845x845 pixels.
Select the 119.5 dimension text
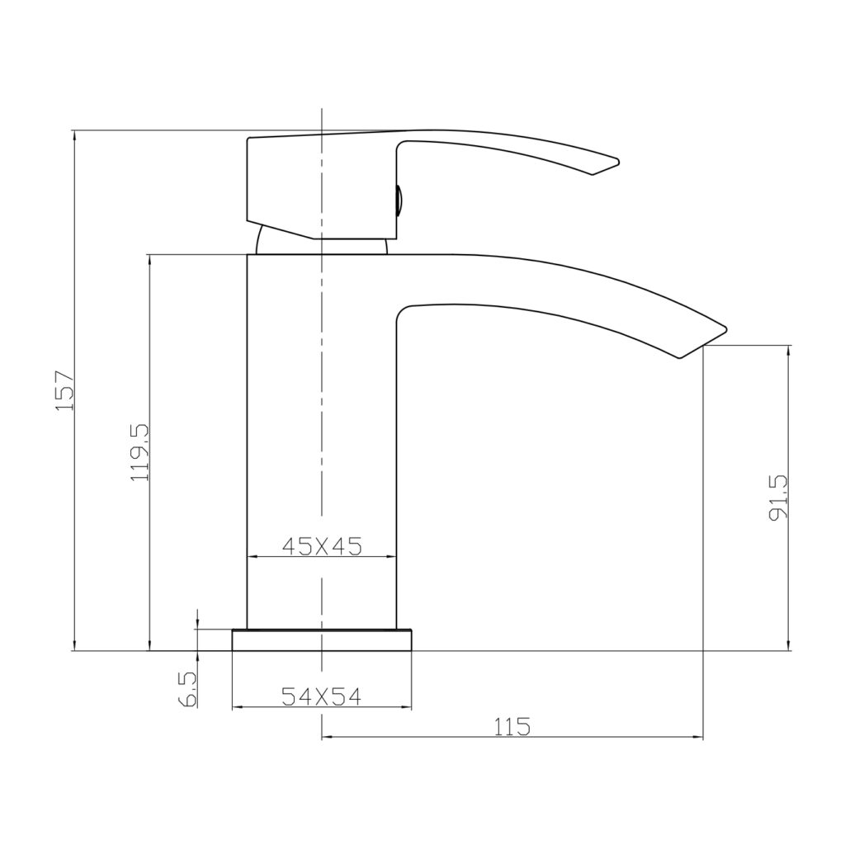pyautogui.click(x=139, y=451)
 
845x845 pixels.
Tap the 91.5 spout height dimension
pyautogui.click(x=777, y=497)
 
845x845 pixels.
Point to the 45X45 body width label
pyautogui.click(x=322, y=545)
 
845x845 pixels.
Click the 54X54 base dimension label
pyautogui.click(x=322, y=696)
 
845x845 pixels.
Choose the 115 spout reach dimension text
pyautogui.click(x=512, y=726)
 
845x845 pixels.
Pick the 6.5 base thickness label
pyautogui.click(x=186, y=688)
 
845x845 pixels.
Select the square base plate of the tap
pyautogui.click(x=322, y=640)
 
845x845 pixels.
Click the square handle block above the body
pyautogui.click(x=318, y=186)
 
